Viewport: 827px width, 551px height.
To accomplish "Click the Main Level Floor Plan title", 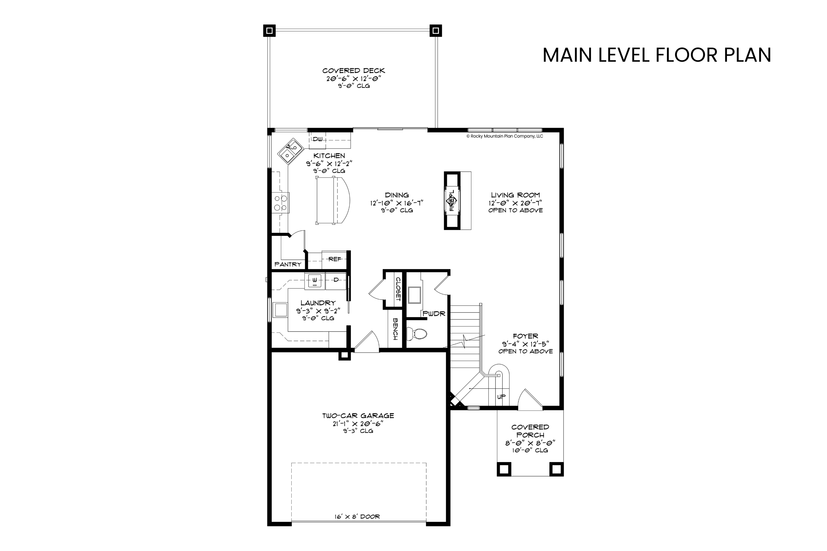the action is [657, 55].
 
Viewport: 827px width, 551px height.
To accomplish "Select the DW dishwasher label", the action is [318, 139].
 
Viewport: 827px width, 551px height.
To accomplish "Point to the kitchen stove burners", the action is [281, 203].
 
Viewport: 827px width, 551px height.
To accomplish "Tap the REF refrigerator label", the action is [335, 259].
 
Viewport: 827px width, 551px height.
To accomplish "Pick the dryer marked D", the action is [336, 280].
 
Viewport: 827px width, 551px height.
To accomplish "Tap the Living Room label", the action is [515, 195].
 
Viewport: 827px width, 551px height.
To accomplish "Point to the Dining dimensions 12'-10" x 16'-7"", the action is [397, 203].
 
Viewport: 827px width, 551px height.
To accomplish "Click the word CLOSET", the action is [398, 289].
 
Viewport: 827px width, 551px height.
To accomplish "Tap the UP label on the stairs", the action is [501, 397].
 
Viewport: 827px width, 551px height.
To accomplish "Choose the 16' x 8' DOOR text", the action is [357, 517].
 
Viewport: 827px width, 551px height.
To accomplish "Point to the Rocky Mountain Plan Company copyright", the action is [504, 136].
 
